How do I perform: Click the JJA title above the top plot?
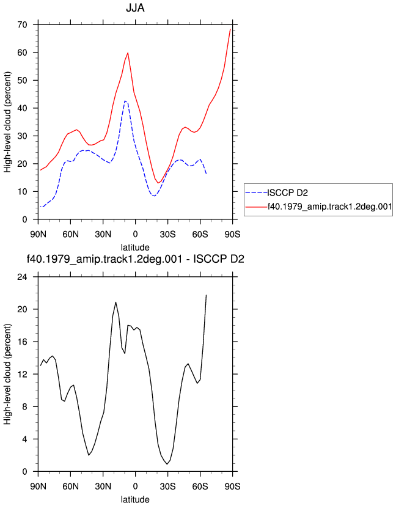135,8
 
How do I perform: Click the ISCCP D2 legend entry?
288,193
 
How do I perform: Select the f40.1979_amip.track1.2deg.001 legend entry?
329,207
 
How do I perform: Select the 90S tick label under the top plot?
232,234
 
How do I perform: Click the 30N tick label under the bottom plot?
103,486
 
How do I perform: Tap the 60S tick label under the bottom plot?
200,486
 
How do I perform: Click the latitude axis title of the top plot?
135,248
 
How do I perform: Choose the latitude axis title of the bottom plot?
135,499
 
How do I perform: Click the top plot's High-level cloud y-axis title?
7,122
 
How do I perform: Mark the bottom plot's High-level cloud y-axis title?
7,375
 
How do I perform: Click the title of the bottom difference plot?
135,259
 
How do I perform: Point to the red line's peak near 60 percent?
128,53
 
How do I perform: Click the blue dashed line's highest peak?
125,101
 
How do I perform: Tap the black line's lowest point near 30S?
167,464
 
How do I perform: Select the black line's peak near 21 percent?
116,302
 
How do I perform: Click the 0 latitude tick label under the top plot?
135,234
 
